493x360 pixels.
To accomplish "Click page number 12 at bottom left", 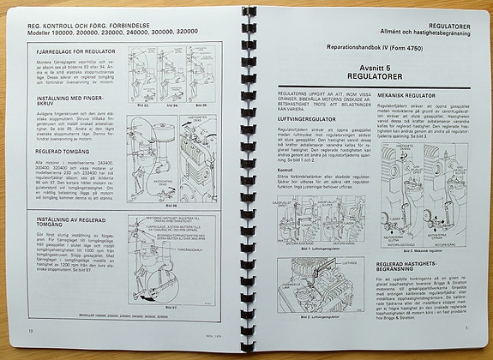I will (x=31, y=329).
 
